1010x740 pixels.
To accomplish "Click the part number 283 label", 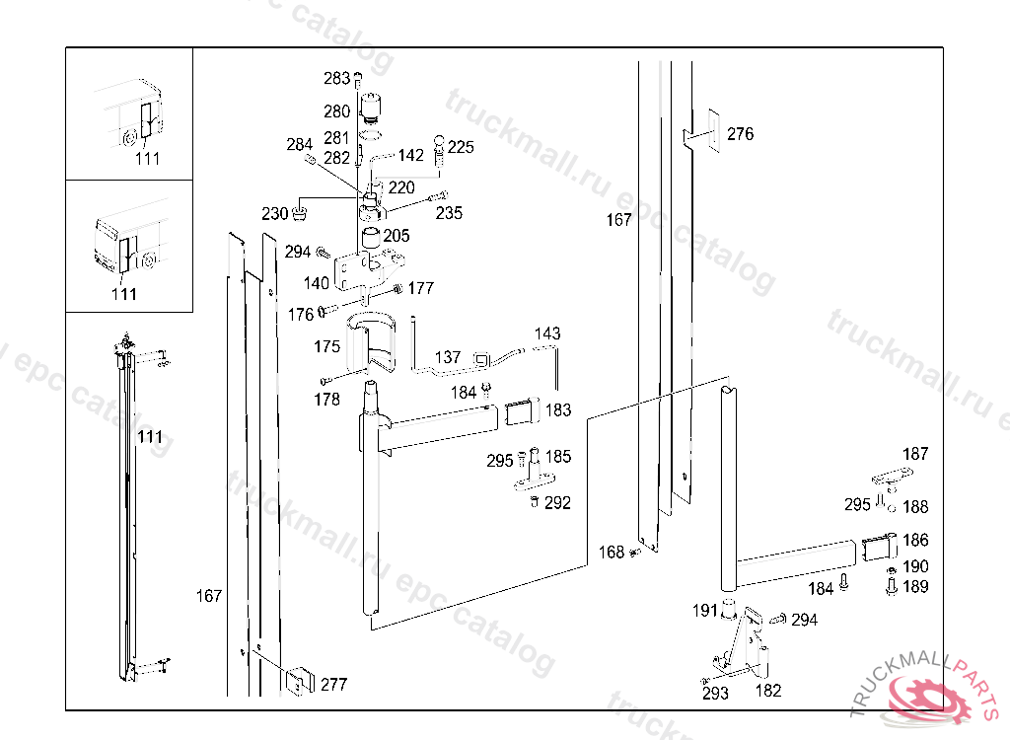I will (336, 78).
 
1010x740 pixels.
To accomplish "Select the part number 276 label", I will (740, 134).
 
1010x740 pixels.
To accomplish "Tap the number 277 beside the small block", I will (333, 684).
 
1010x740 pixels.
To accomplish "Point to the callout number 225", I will (461, 148).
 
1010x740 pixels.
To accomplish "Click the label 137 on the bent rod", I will (448, 357).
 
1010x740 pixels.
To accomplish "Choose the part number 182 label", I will (768, 691).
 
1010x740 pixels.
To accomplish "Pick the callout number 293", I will (716, 694).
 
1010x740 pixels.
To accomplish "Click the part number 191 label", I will (704, 611).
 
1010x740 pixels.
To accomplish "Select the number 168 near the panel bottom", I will (613, 553).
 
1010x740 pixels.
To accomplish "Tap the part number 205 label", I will (397, 236).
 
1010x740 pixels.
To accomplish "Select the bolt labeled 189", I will (891, 586).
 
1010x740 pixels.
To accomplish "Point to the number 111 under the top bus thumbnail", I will (147, 158).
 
